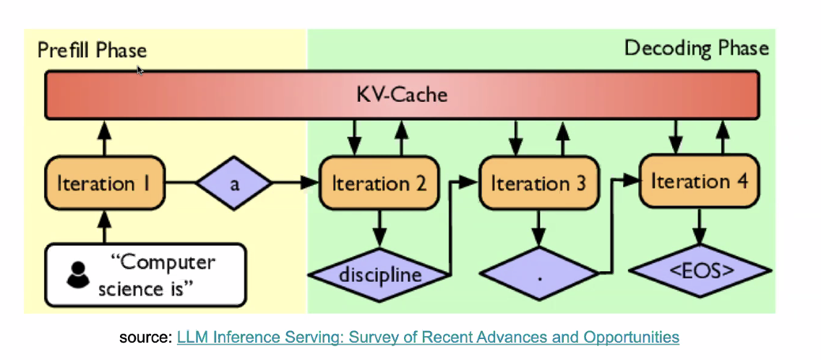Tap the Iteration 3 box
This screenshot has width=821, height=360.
(x=538, y=184)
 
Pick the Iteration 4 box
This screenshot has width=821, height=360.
(x=699, y=181)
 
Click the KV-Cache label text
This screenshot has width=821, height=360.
(x=402, y=95)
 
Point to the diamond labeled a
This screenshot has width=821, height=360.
(x=234, y=184)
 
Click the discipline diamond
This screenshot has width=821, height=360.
(x=380, y=275)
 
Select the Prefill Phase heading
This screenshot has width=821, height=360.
(x=92, y=50)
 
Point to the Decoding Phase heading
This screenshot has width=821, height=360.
(x=696, y=48)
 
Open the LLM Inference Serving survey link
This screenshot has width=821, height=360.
(x=428, y=337)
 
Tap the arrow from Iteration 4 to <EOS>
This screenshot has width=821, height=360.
(x=699, y=228)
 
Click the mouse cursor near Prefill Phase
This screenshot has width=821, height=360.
(x=139, y=70)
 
